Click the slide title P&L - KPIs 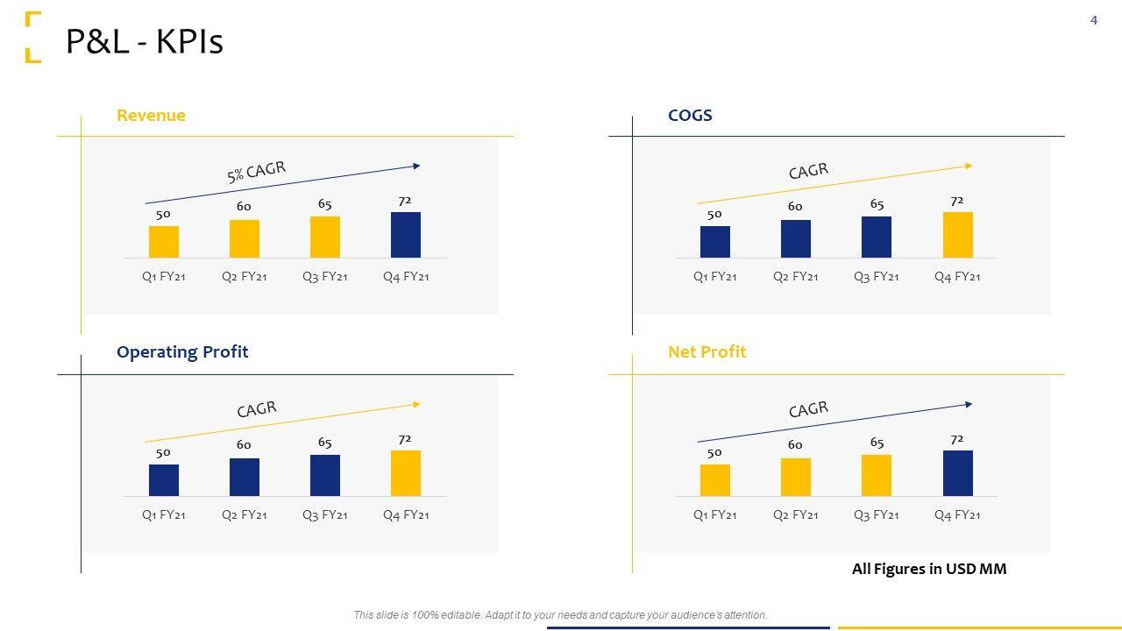(145, 41)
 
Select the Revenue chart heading (151, 116)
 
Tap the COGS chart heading (690, 116)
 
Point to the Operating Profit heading (182, 352)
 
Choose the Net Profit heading (707, 352)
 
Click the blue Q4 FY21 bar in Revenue (406, 235)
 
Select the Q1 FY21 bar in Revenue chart (164, 242)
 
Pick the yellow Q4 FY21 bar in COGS (957, 235)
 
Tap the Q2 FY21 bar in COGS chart (796, 238)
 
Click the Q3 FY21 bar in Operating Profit (325, 475)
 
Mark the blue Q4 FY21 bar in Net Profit (957, 473)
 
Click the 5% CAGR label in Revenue (256, 172)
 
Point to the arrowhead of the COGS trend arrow (968, 166)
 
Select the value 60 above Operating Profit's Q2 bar (244, 445)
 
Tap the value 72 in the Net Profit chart (957, 439)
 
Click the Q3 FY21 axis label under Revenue (325, 277)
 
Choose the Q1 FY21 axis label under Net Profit (714, 515)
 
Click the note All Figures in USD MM (929, 569)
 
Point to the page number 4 (1094, 20)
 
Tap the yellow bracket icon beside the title (32, 37)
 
